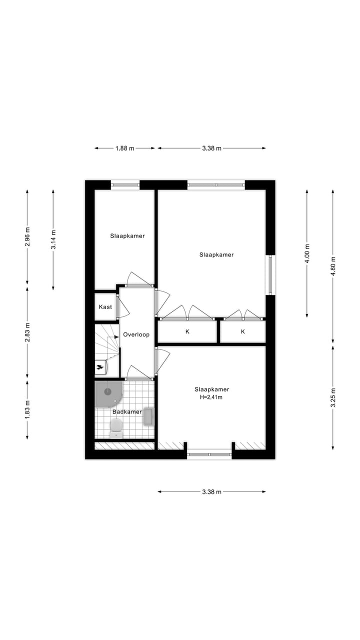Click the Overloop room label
click(136, 334)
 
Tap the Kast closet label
click(105, 307)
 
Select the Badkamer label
click(126, 412)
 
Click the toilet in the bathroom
click(116, 427)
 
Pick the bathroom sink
click(148, 416)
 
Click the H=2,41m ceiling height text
click(211, 397)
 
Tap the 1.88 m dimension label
click(125, 148)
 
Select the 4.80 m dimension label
click(333, 262)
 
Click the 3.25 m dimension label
click(333, 398)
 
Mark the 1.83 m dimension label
click(27, 409)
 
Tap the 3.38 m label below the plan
click(211, 491)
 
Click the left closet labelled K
click(187, 331)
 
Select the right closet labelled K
click(243, 331)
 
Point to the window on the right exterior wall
click(270, 275)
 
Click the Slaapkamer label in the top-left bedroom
click(127, 235)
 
